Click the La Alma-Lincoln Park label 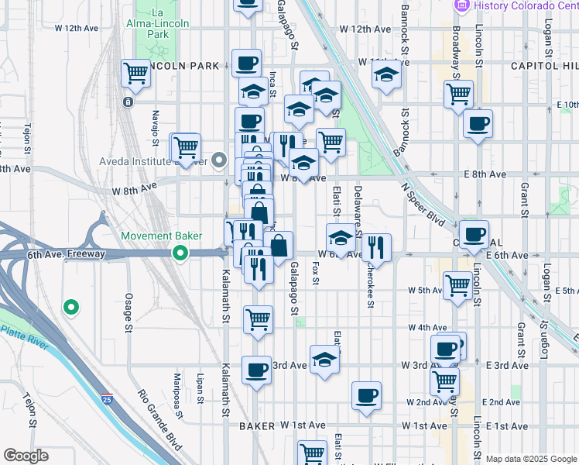tap(158, 23)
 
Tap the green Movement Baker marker tap(180, 253)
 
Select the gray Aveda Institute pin tap(220, 162)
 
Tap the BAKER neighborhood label tap(257, 426)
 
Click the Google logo tap(26, 456)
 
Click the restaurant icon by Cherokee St tap(376, 247)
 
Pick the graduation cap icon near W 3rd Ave tap(325, 360)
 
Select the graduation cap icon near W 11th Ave tap(385, 76)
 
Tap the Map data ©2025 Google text tap(531, 459)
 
